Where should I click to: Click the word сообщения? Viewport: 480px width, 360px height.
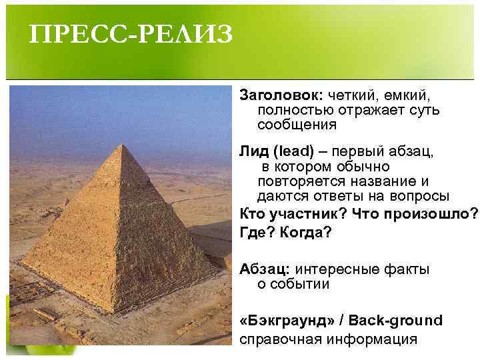click(x=297, y=125)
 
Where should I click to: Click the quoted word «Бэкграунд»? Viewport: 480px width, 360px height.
click(x=286, y=320)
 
